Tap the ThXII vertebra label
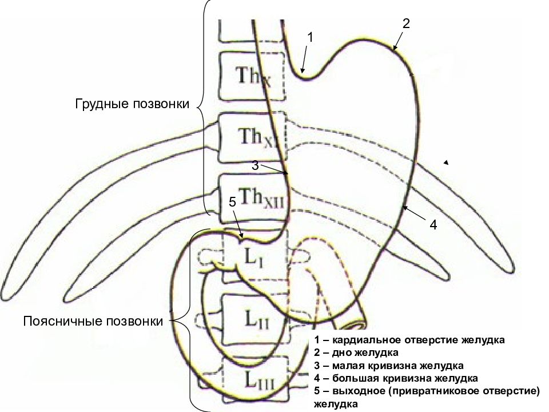261,198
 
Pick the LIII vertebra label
259,380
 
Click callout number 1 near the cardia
310,37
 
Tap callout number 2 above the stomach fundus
406,23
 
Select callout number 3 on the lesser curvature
255,165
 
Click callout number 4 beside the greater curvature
433,225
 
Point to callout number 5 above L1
233,202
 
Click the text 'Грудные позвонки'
132,104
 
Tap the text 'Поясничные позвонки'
93,321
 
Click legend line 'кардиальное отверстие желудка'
409,340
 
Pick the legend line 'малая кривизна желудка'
389,366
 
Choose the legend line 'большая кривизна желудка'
396,378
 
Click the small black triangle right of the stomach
446,162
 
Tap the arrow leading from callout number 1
305,58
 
